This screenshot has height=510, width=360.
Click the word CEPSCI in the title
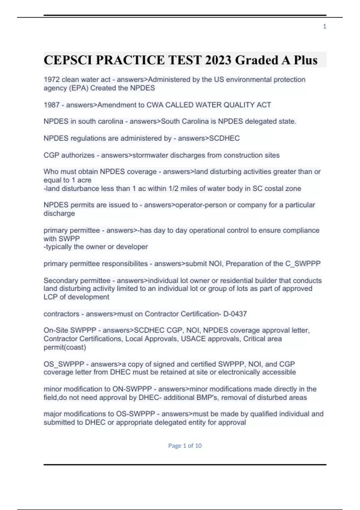68,60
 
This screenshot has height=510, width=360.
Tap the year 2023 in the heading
218,60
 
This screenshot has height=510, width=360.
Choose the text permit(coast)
65,347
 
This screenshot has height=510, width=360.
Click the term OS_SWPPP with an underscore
64,364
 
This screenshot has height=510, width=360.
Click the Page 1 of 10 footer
185,445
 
